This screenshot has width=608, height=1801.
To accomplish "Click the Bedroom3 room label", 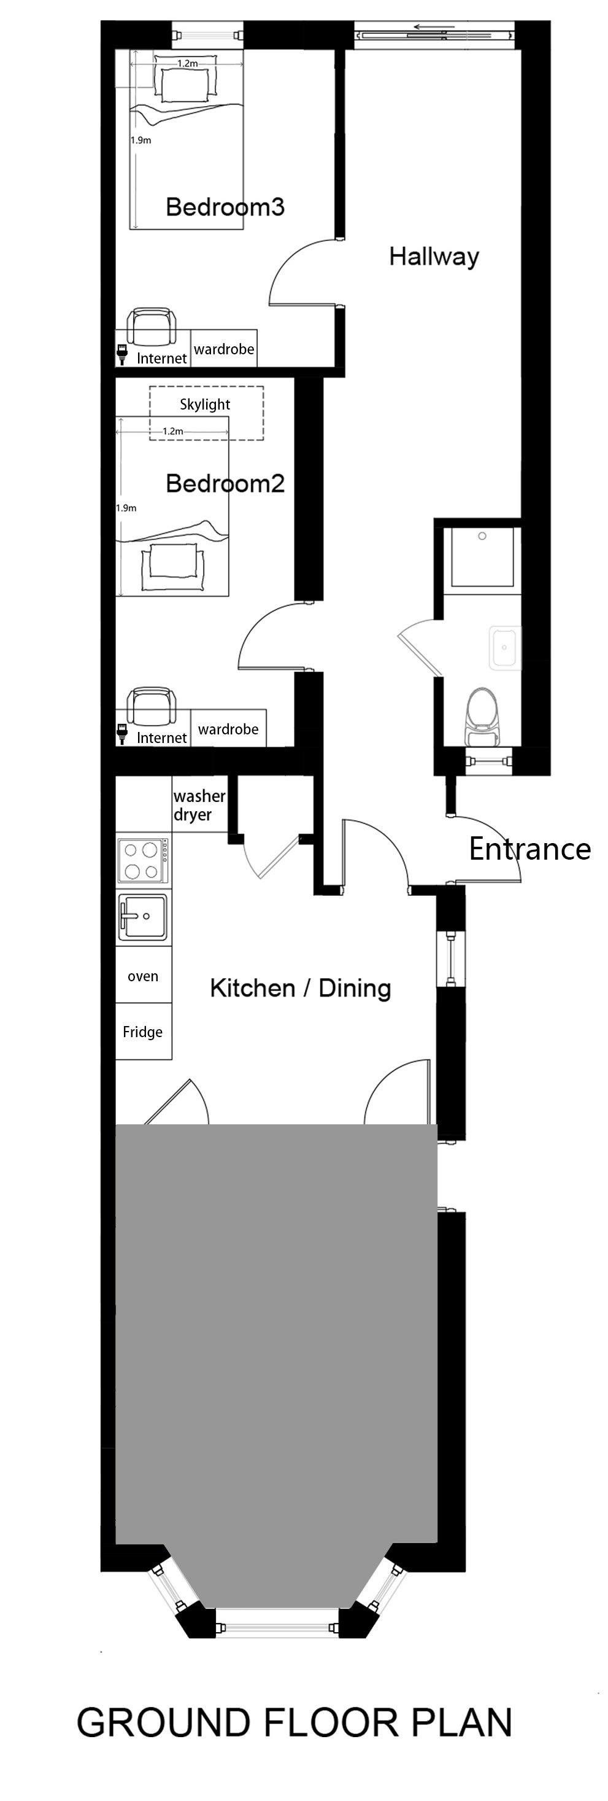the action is pos(225,207).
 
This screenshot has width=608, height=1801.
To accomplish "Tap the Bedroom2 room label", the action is pos(225,483).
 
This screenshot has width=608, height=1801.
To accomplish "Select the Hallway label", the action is pos(434,257).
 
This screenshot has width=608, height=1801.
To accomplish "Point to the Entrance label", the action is pos(529,849).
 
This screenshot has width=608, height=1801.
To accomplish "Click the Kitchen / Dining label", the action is pos(301,988).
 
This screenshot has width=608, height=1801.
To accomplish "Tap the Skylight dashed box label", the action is pos(205,404).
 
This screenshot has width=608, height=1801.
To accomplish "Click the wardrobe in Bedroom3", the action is pos(224,349).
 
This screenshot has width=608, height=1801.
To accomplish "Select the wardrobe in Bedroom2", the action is pos(228,729).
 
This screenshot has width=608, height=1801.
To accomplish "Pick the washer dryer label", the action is pos(199,806).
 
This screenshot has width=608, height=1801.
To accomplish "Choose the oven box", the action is pos(144,975).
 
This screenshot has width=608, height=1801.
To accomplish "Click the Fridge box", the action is pos(144,1032).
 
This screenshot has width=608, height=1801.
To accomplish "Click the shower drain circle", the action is pos(482,536).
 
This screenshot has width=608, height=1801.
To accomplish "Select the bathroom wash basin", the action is pos(504,648).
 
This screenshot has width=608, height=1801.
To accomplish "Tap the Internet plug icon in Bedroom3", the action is pos(123,354).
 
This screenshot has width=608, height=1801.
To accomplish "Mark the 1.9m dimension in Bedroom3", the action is pos(140,140).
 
